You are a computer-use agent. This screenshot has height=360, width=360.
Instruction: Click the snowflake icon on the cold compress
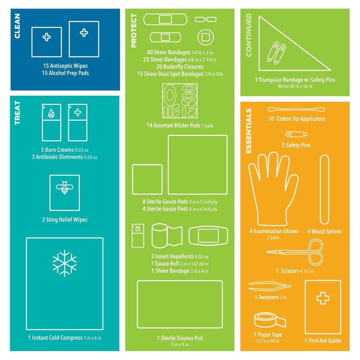coord(64,263)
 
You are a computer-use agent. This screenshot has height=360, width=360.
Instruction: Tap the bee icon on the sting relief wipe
coord(64,187)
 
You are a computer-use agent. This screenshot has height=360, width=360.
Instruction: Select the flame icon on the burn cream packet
coord(51,113)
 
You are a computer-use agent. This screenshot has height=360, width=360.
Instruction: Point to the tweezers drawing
coord(269,286)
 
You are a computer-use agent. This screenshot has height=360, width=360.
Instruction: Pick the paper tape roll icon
coord(270,320)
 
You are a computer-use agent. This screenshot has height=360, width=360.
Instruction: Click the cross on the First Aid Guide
coord(323,298)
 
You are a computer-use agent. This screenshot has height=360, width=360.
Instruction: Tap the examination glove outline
coord(273,188)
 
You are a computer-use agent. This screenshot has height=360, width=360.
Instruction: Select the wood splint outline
coord(324,189)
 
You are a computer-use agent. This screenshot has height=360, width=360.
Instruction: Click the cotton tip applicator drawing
coord(296,109)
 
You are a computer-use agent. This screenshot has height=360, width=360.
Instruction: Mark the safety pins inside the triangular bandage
coord(276,53)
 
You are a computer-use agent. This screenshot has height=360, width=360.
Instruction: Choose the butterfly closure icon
coord(206,19)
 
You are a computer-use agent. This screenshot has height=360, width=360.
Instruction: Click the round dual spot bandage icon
coord(206,37)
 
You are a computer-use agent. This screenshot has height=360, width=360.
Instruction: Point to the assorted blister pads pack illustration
coord(180,101)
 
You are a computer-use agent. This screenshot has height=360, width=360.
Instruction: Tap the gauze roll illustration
coord(167,235)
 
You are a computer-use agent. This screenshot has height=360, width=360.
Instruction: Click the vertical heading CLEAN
coord(17,26)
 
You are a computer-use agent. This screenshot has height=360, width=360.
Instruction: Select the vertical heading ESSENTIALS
coord(249,131)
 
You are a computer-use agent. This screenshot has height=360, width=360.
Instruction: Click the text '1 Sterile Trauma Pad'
coord(180,338)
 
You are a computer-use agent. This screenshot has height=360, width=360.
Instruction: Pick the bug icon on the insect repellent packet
coord(138,229)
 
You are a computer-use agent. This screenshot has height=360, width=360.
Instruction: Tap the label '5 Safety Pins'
coord(296,145)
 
